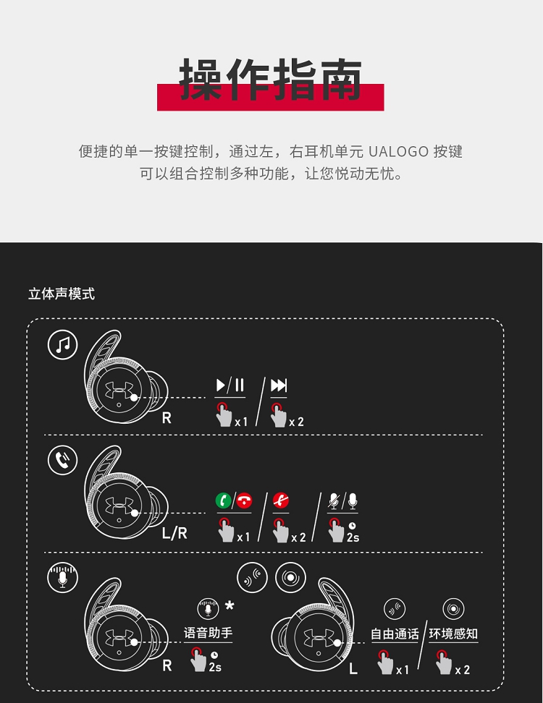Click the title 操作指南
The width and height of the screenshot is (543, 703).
click(x=270, y=80)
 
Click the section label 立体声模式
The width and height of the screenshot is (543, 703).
click(x=62, y=294)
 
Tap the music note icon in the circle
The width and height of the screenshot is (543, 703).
click(x=63, y=345)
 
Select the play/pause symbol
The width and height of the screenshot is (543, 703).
click(x=230, y=385)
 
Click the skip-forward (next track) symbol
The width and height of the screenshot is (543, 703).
click(x=279, y=385)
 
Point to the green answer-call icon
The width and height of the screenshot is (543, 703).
click(x=224, y=500)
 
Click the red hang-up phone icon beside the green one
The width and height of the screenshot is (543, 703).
click(x=244, y=500)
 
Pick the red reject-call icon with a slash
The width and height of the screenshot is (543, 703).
click(x=281, y=500)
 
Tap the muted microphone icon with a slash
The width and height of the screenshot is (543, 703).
click(x=334, y=501)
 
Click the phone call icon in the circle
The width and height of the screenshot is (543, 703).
click(x=63, y=460)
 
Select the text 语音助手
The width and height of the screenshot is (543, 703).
click(x=209, y=633)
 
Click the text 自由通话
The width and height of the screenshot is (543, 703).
click(x=395, y=634)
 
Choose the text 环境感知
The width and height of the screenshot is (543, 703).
click(x=453, y=634)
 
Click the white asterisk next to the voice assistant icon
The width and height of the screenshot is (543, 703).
click(x=230, y=605)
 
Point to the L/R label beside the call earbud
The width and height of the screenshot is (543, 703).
click(x=174, y=533)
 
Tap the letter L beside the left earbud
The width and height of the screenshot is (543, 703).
click(x=353, y=670)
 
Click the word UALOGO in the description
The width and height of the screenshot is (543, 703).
click(x=398, y=152)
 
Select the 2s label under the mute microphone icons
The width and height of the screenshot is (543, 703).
click(x=353, y=537)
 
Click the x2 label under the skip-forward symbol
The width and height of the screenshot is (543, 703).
click(x=297, y=422)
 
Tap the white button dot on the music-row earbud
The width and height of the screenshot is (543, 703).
click(x=134, y=398)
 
